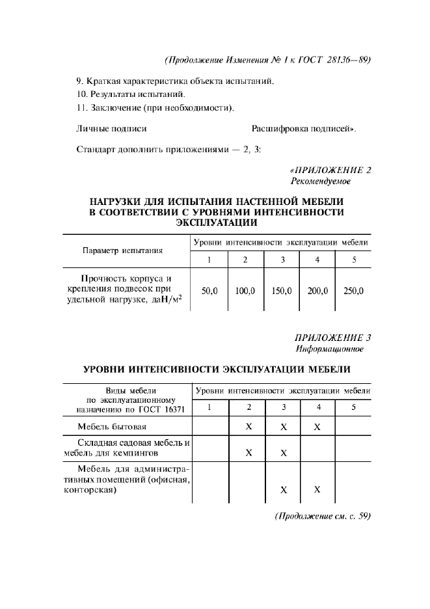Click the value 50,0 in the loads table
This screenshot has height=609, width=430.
click(x=209, y=291)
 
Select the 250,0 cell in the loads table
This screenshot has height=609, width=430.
click(x=353, y=291)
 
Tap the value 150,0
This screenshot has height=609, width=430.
click(x=280, y=291)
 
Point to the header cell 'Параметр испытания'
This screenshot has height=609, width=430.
click(x=122, y=250)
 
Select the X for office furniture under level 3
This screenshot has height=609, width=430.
click(x=283, y=489)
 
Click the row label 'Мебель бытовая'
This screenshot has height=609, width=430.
click(x=112, y=427)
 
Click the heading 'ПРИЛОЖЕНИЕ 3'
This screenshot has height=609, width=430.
click(x=333, y=338)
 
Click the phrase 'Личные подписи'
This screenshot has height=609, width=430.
click(x=111, y=129)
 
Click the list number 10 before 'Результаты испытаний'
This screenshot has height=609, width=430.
click(x=81, y=94)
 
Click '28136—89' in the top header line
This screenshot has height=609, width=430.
click(x=347, y=60)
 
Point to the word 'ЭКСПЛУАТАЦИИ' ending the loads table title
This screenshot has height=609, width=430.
click(x=216, y=222)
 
